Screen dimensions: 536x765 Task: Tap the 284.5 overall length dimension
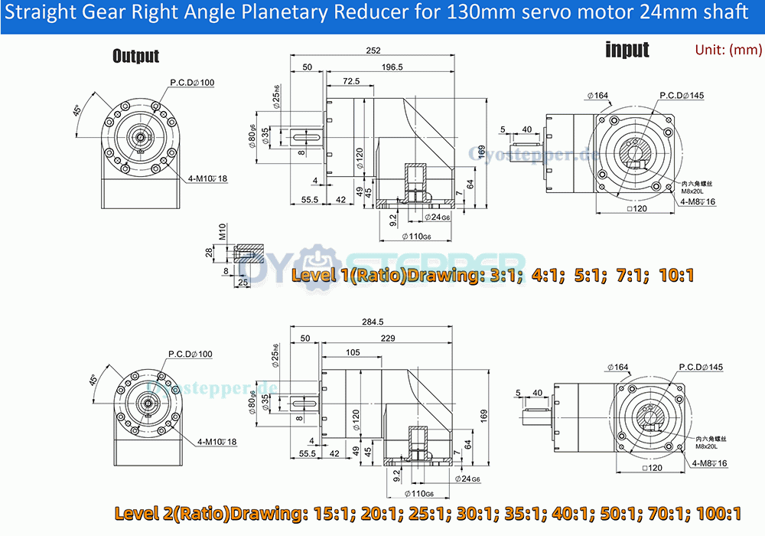point(374,322)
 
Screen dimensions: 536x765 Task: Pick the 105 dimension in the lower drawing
point(353,352)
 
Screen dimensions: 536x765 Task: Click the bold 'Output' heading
point(135,56)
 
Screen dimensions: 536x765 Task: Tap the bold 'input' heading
point(627,51)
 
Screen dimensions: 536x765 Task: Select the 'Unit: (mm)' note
point(728,50)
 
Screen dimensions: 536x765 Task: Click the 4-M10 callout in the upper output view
point(207,178)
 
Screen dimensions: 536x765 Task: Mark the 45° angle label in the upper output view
point(76,111)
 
